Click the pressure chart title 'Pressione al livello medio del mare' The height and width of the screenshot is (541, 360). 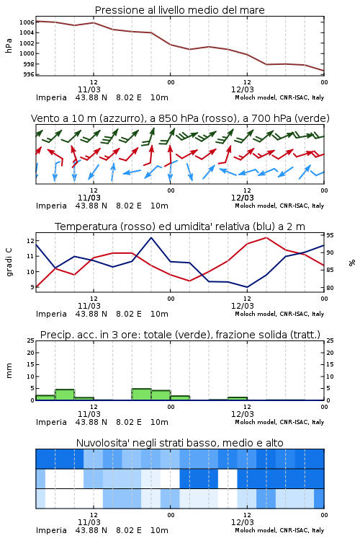179,10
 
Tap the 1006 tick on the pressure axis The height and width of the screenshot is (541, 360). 27,22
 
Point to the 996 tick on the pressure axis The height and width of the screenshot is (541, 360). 29,74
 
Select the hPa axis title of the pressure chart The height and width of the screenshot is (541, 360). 9,45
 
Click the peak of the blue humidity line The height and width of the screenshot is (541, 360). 151,238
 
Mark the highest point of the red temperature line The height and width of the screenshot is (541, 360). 266,238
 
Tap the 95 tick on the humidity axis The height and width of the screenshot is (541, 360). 330,235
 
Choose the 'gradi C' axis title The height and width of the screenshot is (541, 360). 9,263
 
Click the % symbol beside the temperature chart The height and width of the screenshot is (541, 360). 352,263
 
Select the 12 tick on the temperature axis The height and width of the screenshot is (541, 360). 30,241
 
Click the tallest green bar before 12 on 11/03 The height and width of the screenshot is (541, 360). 65,395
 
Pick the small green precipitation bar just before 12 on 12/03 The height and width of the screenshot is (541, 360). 238,398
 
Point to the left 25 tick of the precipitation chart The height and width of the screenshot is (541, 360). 31,340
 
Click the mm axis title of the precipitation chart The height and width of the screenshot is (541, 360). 9,371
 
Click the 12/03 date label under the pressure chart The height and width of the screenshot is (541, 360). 243,89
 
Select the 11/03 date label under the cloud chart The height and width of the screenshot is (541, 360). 89,522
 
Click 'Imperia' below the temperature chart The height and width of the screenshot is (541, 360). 51,314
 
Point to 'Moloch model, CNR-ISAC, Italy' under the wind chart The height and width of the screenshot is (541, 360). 279,206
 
